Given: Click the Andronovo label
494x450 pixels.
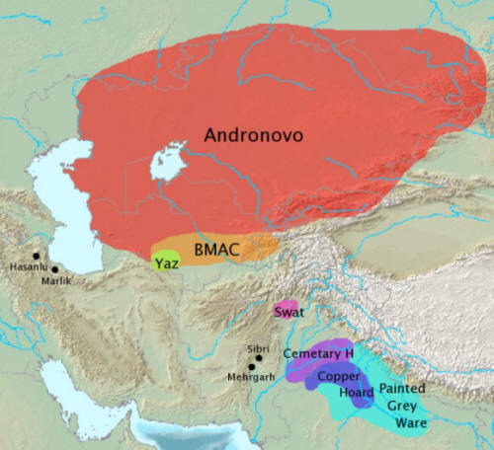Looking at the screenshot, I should tap(251, 135).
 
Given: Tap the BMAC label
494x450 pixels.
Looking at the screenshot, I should tap(214, 250).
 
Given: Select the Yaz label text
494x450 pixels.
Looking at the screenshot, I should tap(165, 262).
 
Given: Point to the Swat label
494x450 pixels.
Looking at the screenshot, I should tap(288, 312).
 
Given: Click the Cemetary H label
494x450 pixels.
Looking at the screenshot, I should tap(318, 353).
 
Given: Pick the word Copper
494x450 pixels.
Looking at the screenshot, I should tap(338, 377).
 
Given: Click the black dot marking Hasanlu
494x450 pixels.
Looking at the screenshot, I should tap(37, 256).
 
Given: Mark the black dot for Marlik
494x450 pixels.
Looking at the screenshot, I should tap(55, 269).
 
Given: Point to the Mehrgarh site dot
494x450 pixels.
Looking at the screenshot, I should tap(252, 367).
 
